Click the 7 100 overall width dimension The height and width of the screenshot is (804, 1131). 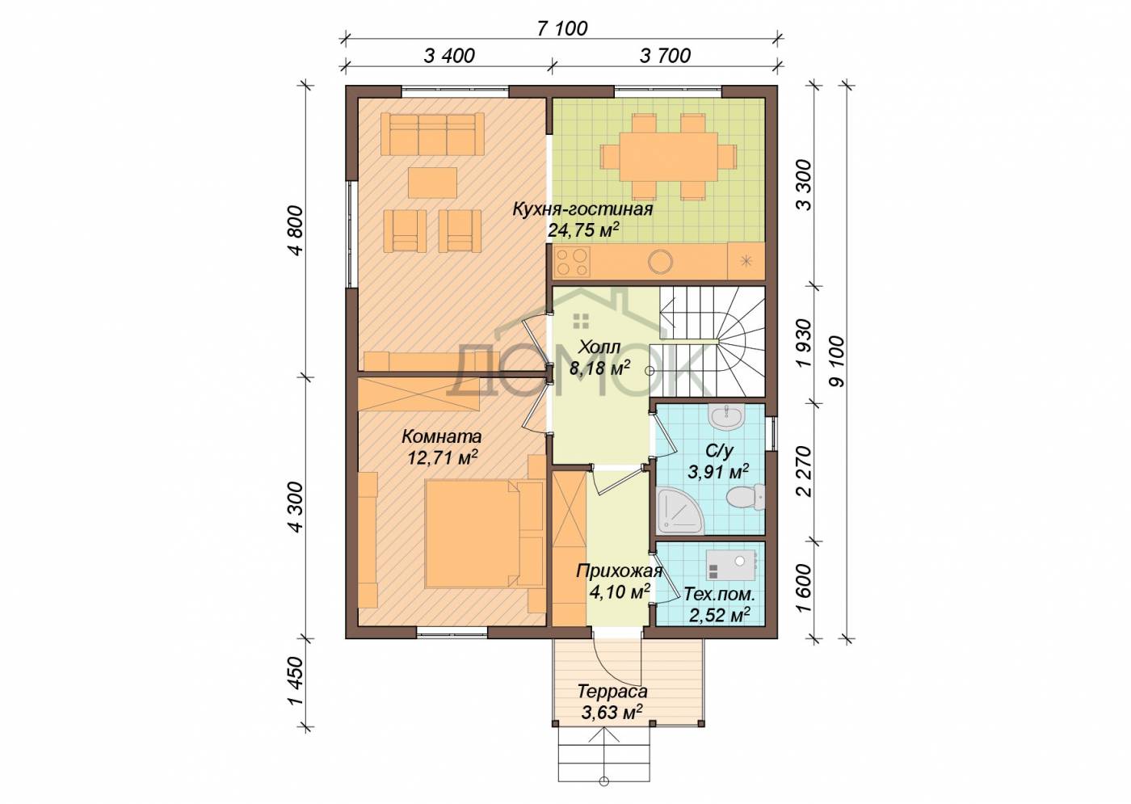coord(562,29)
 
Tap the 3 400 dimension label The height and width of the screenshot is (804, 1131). coord(449,56)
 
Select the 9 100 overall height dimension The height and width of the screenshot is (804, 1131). coord(837,360)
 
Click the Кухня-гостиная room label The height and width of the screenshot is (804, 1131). coord(582,209)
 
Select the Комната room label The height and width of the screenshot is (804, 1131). coord(441,436)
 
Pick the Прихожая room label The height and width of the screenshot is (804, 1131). coord(619,571)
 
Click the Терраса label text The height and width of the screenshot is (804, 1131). coord(612,691)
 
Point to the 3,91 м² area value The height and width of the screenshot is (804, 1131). coord(718,472)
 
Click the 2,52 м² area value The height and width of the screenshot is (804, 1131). coord(720,615)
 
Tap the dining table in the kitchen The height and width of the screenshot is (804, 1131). coord(669,157)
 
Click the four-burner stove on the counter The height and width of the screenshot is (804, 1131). coord(573,262)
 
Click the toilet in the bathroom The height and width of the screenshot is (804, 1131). coord(746,498)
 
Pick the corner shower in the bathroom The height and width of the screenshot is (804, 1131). coord(680,511)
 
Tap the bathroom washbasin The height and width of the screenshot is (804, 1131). coord(726,418)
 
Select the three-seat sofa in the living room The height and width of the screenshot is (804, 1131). coord(432,134)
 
